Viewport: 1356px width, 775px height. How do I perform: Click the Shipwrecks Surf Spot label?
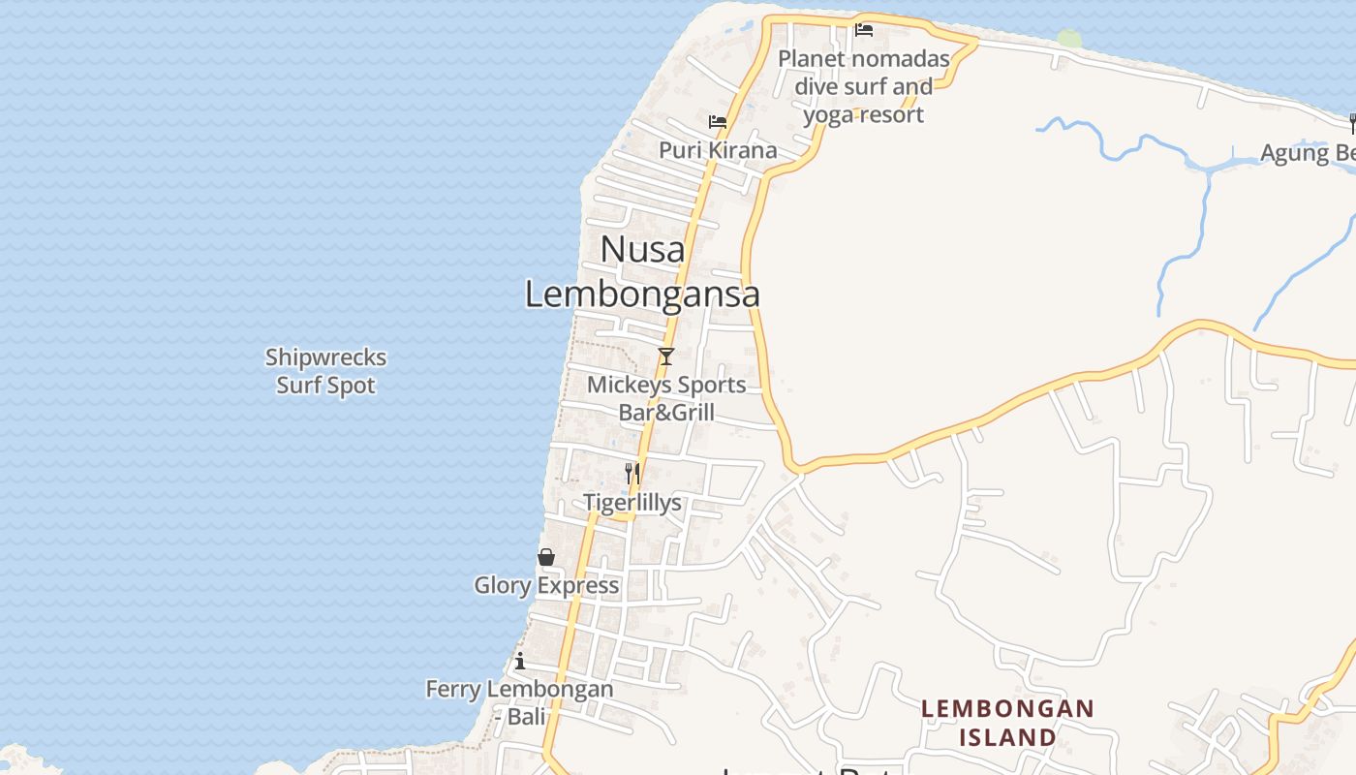click(x=325, y=371)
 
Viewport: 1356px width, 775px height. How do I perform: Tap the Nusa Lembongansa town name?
click(x=642, y=272)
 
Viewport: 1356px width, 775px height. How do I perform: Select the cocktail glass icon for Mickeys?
click(x=665, y=356)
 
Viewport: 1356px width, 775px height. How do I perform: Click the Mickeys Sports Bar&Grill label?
click(x=666, y=398)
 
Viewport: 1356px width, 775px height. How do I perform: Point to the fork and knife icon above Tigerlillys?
click(x=632, y=473)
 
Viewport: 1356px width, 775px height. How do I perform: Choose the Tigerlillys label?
click(x=632, y=503)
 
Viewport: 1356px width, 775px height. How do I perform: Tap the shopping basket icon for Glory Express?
click(x=546, y=557)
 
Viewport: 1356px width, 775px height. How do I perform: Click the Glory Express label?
click(x=546, y=585)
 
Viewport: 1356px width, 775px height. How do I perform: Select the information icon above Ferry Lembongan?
click(x=520, y=661)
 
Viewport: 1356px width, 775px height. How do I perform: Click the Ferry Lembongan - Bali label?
click(x=519, y=702)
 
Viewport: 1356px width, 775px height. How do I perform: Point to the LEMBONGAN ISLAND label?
click(x=1007, y=723)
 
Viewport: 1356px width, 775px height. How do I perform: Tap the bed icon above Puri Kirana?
click(x=718, y=122)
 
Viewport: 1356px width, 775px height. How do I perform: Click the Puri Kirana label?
click(x=718, y=150)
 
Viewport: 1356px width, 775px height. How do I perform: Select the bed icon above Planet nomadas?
click(x=864, y=30)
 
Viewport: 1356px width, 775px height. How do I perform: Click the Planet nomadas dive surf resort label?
click(x=864, y=86)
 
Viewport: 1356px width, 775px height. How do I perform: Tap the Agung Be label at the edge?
click(x=1307, y=153)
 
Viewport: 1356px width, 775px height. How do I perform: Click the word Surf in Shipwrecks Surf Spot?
click(x=298, y=386)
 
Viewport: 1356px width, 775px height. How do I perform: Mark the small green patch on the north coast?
click(x=1069, y=38)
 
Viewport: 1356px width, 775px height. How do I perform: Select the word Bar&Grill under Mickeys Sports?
click(x=666, y=413)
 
